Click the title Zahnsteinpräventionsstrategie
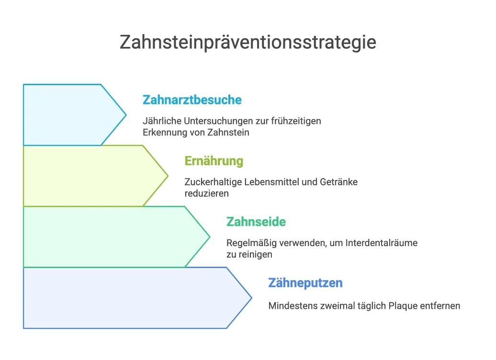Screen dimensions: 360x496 (248, 42)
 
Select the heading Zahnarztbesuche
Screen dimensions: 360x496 (192, 100)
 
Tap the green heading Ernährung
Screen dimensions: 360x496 (214, 161)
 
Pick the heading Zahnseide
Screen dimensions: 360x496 (256, 222)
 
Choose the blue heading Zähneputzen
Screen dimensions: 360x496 (305, 283)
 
